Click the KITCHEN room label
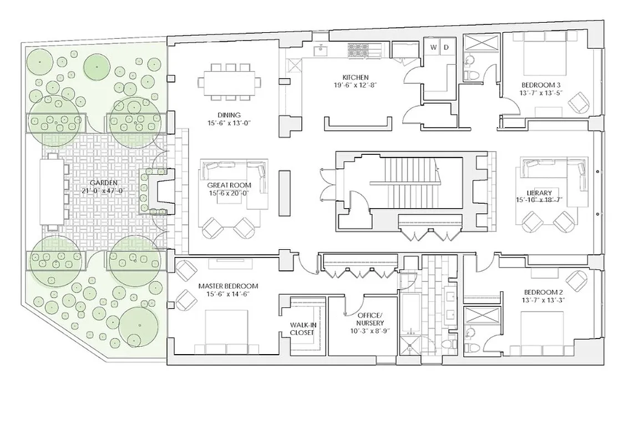click(356, 77)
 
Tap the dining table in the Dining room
click(230, 82)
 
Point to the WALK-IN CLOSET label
click(302, 329)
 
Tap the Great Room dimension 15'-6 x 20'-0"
click(229, 193)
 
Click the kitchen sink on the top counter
click(321, 51)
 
